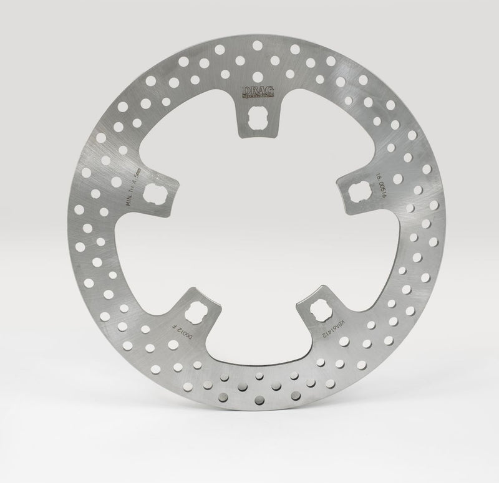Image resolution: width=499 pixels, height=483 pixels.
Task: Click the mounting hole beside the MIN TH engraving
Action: pyautogui.click(x=153, y=195)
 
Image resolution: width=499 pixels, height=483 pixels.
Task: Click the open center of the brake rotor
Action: pyautogui.click(x=256, y=243)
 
